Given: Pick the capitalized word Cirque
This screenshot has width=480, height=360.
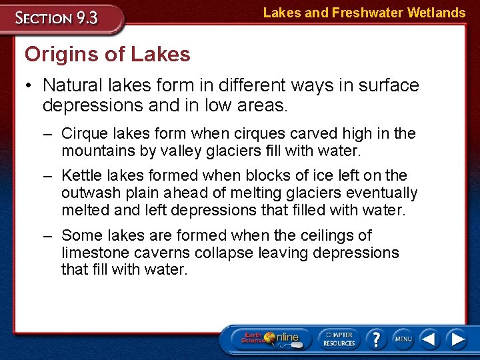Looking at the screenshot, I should tap(85, 133).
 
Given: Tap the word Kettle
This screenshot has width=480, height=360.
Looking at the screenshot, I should tap(83, 175).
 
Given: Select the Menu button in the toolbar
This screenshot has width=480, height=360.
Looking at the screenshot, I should tap(403, 339).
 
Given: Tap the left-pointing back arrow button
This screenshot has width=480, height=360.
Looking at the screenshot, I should tap(430, 339).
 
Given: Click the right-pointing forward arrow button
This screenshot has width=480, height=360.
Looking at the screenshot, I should tap(457, 339).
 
